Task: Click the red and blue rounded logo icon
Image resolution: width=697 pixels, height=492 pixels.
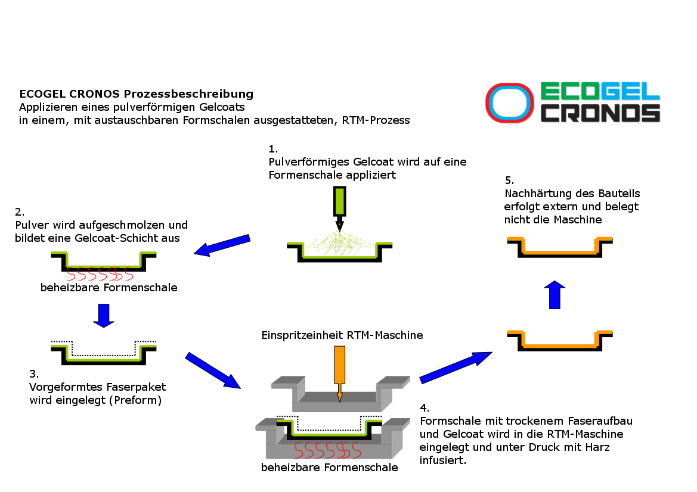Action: pyautogui.click(x=509, y=102)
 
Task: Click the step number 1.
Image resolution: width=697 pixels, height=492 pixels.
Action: pyautogui.click(x=273, y=148)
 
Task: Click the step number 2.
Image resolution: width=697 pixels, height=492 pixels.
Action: pyautogui.click(x=20, y=211)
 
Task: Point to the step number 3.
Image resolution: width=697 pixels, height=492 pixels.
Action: pyautogui.click(x=34, y=374)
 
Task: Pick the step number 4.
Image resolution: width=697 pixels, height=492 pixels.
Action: pyautogui.click(x=424, y=408)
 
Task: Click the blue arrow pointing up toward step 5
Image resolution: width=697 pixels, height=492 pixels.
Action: pyautogui.click(x=555, y=294)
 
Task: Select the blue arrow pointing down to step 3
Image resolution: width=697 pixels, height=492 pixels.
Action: pyautogui.click(x=104, y=315)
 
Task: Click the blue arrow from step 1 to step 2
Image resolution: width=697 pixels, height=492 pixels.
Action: pyautogui.click(x=222, y=245)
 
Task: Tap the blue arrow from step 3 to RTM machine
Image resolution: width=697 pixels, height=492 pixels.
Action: pyautogui.click(x=213, y=370)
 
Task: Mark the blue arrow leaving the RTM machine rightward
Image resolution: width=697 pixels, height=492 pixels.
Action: pyautogui.click(x=456, y=367)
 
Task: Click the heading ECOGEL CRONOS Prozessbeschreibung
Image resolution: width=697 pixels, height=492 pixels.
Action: pyautogui.click(x=137, y=94)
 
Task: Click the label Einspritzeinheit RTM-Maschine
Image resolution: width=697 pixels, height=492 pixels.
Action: pyautogui.click(x=342, y=335)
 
